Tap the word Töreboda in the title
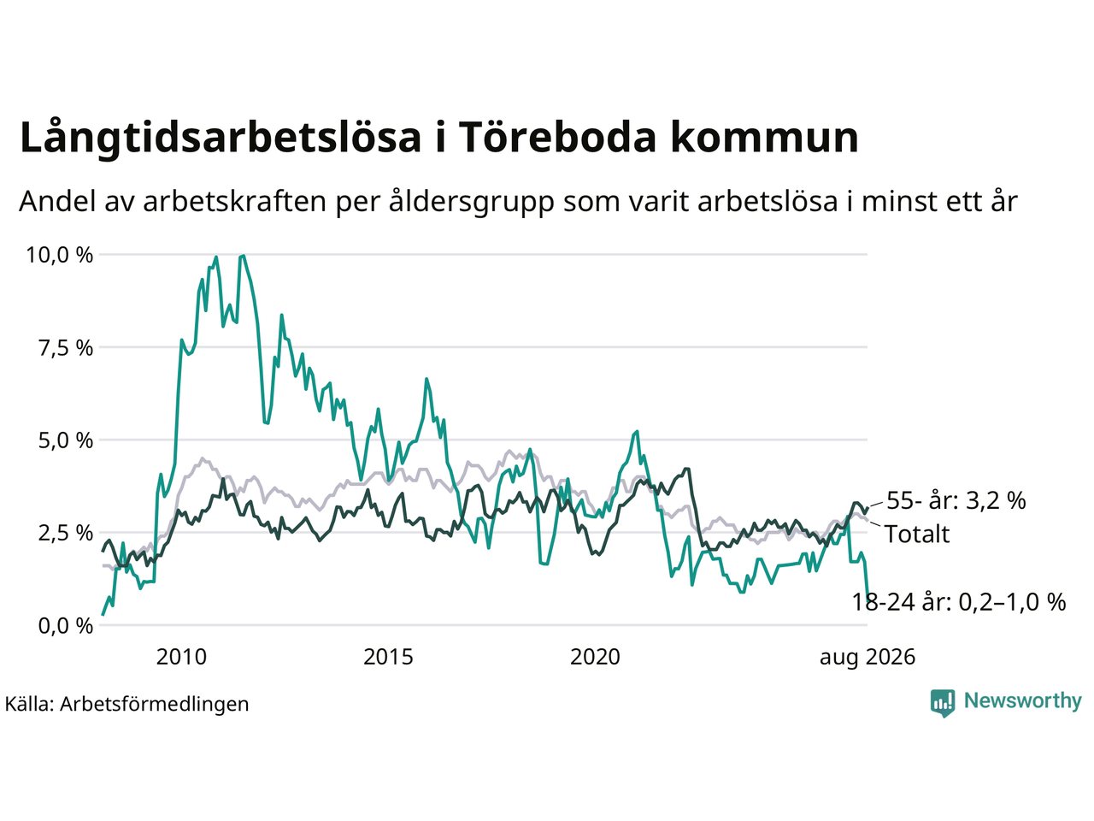pyautogui.click(x=556, y=136)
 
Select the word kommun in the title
pyautogui.click(x=765, y=138)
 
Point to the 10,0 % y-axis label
pyautogui.click(x=59, y=255)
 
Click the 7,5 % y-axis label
pyautogui.click(x=66, y=348)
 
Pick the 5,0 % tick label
pyautogui.click(x=66, y=440)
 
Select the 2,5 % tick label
pyautogui.click(x=66, y=534)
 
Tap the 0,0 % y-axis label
pyautogui.click(x=66, y=626)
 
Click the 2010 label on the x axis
pyautogui.click(x=181, y=657)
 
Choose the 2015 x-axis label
pyautogui.click(x=388, y=657)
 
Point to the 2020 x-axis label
pyautogui.click(x=595, y=657)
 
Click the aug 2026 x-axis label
pyautogui.click(x=868, y=658)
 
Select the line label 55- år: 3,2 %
pyautogui.click(x=956, y=500)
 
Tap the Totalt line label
pyautogui.click(x=918, y=534)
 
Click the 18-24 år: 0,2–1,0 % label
pyautogui.click(x=959, y=602)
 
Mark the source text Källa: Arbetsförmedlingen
pyautogui.click(x=126, y=705)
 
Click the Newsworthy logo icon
pyautogui.click(x=943, y=703)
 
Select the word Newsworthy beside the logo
pyautogui.click(x=1023, y=701)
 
